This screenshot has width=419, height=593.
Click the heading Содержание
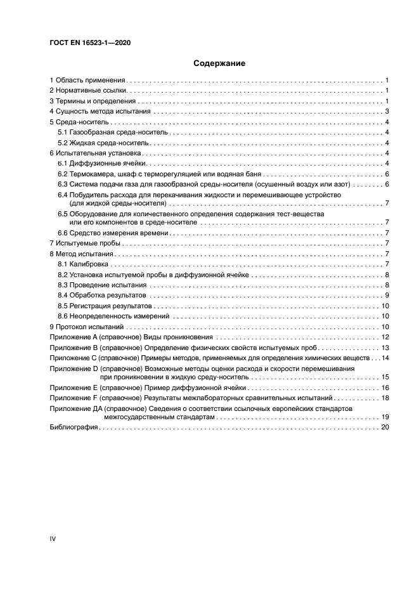210,63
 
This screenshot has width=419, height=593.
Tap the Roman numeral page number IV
53,538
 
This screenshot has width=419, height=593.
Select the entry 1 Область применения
88,81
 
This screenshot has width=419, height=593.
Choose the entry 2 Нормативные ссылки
89,91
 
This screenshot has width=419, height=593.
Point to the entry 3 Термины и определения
93,101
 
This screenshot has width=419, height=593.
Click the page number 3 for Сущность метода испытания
386,112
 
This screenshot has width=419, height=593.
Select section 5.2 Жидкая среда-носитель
105,143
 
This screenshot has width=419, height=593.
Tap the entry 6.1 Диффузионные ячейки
102,164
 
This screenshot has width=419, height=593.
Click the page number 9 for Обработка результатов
386,295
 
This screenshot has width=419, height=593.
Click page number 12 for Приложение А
385,337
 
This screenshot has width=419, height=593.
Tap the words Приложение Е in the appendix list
74,388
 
